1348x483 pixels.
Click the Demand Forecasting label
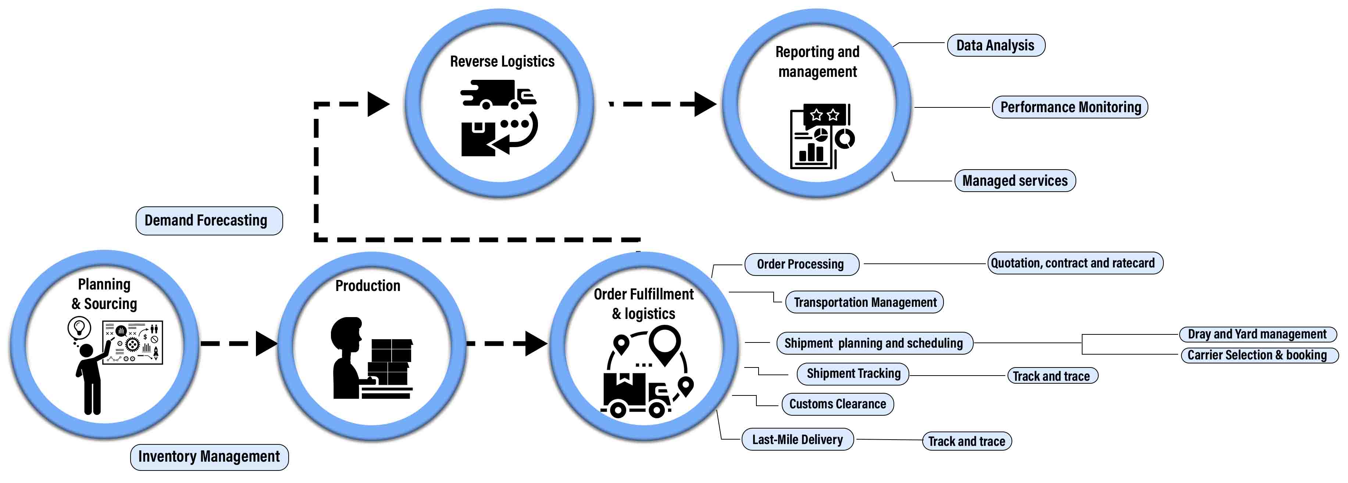pos(209,221)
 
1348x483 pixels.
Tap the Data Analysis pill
pos(995,46)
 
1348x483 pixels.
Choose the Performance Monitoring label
pos(1070,107)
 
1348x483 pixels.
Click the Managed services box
pos(1014,181)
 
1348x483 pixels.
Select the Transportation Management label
pos(864,302)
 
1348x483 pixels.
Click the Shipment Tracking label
pos(853,374)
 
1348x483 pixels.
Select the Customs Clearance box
pos(837,404)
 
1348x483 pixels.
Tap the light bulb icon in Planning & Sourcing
pos(79,328)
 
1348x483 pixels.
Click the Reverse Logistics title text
pos(502,62)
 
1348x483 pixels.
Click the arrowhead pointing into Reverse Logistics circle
pos(378,104)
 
